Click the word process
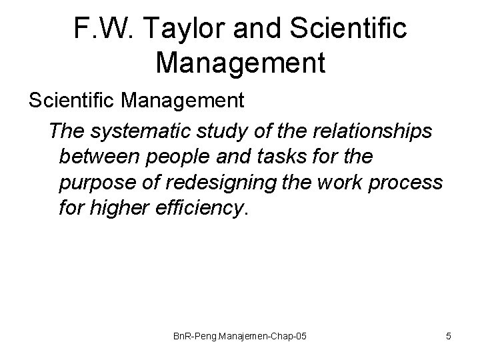406,183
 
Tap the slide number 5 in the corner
449,337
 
